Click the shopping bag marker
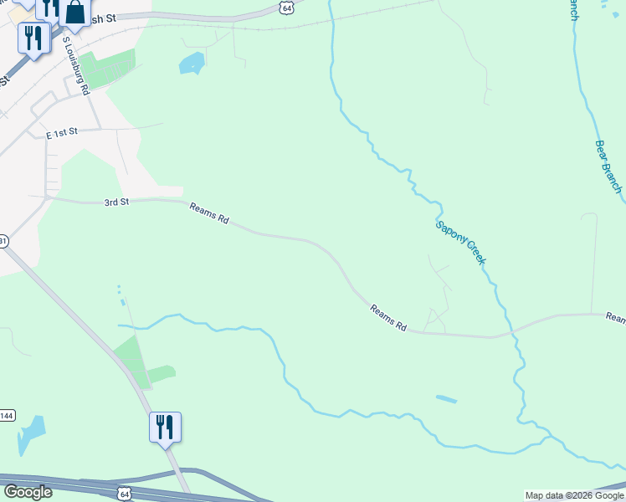point(74,12)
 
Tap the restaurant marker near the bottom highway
point(165,427)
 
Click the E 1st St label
point(61,132)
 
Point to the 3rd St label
point(116,202)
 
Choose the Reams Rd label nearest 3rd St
point(208,213)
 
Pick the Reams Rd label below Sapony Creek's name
point(388,318)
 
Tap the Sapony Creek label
point(460,243)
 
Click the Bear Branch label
point(608,166)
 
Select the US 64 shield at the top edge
point(287,8)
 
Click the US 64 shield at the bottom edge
point(124,494)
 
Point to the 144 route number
point(7,416)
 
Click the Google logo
point(28,492)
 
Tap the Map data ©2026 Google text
point(574,495)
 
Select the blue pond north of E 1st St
point(192,63)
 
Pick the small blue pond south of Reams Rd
point(446,400)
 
